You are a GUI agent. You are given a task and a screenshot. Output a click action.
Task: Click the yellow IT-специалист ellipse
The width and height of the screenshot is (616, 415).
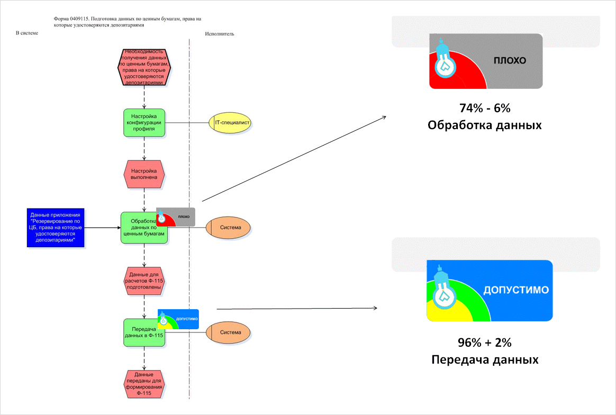tap(229, 123)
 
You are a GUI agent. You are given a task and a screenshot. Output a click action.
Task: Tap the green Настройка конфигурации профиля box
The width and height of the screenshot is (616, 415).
tap(144, 123)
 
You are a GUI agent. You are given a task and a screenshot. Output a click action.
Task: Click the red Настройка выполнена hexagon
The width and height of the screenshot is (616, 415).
tap(144, 175)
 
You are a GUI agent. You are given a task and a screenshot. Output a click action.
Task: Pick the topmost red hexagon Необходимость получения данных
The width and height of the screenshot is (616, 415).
tap(144, 67)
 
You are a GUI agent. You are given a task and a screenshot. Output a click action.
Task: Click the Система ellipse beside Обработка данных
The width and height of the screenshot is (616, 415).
tap(229, 228)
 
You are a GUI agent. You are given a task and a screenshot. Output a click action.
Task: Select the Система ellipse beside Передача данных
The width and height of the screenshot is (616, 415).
tap(229, 332)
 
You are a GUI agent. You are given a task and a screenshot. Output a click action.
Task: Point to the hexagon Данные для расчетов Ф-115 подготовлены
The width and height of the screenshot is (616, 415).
tap(144, 280)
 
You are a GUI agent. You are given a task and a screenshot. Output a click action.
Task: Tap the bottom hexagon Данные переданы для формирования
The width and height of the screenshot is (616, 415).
tap(144, 384)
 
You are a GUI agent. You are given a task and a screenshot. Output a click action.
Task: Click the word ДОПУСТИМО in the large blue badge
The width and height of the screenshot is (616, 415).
tap(515, 290)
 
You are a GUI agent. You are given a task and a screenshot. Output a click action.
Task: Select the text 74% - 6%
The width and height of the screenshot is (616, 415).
tap(485, 109)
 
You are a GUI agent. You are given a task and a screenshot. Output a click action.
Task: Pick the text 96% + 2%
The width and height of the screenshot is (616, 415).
tap(485, 342)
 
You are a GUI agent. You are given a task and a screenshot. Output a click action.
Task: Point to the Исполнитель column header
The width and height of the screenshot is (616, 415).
tap(219, 34)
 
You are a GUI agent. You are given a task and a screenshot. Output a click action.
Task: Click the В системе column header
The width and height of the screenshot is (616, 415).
tap(27, 33)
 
